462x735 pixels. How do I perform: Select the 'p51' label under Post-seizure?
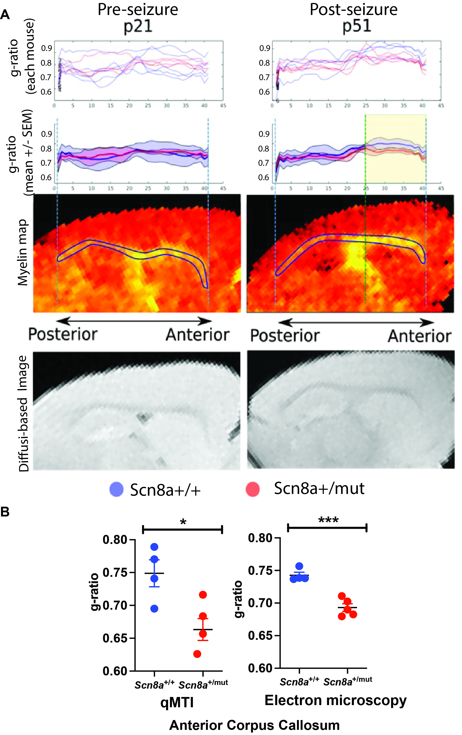click(356, 26)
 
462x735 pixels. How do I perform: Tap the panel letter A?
click(5, 14)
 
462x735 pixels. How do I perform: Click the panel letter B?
click(5, 512)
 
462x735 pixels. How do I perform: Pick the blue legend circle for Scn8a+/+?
click(116, 489)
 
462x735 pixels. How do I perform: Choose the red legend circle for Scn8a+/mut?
click(253, 489)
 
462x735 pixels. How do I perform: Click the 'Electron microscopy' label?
click(335, 700)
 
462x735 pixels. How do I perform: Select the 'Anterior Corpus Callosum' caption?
click(254, 725)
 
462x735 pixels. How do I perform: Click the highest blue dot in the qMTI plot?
click(154, 547)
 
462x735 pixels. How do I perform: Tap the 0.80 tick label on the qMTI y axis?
click(115, 540)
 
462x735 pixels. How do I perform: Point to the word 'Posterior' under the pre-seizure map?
click(63, 334)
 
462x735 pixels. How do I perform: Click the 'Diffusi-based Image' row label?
click(24, 413)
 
